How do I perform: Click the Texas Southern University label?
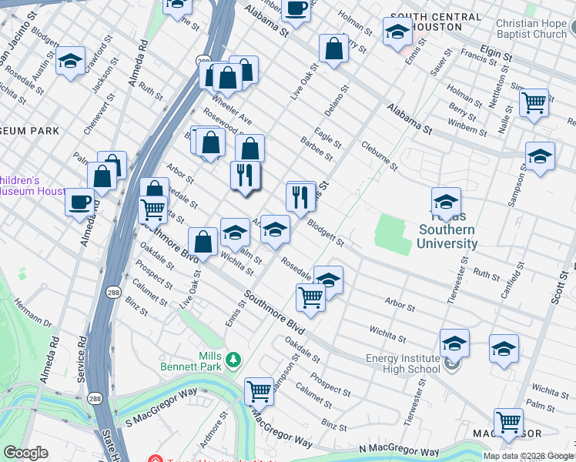pyautogui.click(x=447, y=236)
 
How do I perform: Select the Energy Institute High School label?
pyautogui.click(x=403, y=363)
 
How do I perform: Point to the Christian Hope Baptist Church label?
pyautogui.click(x=531, y=28)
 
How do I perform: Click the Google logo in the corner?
pyautogui.click(x=25, y=453)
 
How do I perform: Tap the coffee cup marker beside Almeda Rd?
pyautogui.click(x=79, y=203)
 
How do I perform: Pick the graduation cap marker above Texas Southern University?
pyautogui.click(x=446, y=203)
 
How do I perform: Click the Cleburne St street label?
pyautogui.click(x=379, y=155)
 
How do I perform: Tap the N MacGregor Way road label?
pyautogui.click(x=398, y=451)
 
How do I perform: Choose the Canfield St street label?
pyautogui.click(x=521, y=280)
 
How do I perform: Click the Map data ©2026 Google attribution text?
pyautogui.click(x=528, y=456)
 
